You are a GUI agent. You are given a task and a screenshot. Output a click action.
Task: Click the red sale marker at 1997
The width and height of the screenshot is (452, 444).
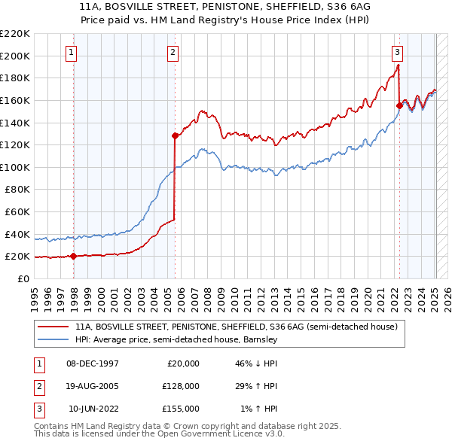[x=73, y=256]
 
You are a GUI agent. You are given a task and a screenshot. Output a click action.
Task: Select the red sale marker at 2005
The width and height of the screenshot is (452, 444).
[x=175, y=136]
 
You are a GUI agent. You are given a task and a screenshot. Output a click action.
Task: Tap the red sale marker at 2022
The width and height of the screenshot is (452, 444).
[x=399, y=106]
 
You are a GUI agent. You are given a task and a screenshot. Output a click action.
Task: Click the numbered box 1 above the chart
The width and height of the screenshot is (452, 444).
[x=71, y=52]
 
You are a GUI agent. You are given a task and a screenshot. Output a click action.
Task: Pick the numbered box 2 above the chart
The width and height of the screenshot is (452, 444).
[x=173, y=52]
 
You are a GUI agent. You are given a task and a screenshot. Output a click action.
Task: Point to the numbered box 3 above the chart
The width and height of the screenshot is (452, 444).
[x=396, y=52]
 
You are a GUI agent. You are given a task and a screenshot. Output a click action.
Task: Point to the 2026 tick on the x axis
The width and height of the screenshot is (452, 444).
[x=447, y=293]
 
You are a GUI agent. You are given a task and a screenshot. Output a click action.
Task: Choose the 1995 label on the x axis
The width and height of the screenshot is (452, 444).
[x=34, y=293]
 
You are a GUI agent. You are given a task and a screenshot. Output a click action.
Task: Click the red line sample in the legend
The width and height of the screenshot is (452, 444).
[x=53, y=327]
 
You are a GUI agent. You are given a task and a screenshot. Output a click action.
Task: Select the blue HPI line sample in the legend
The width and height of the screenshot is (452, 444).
[x=53, y=340]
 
